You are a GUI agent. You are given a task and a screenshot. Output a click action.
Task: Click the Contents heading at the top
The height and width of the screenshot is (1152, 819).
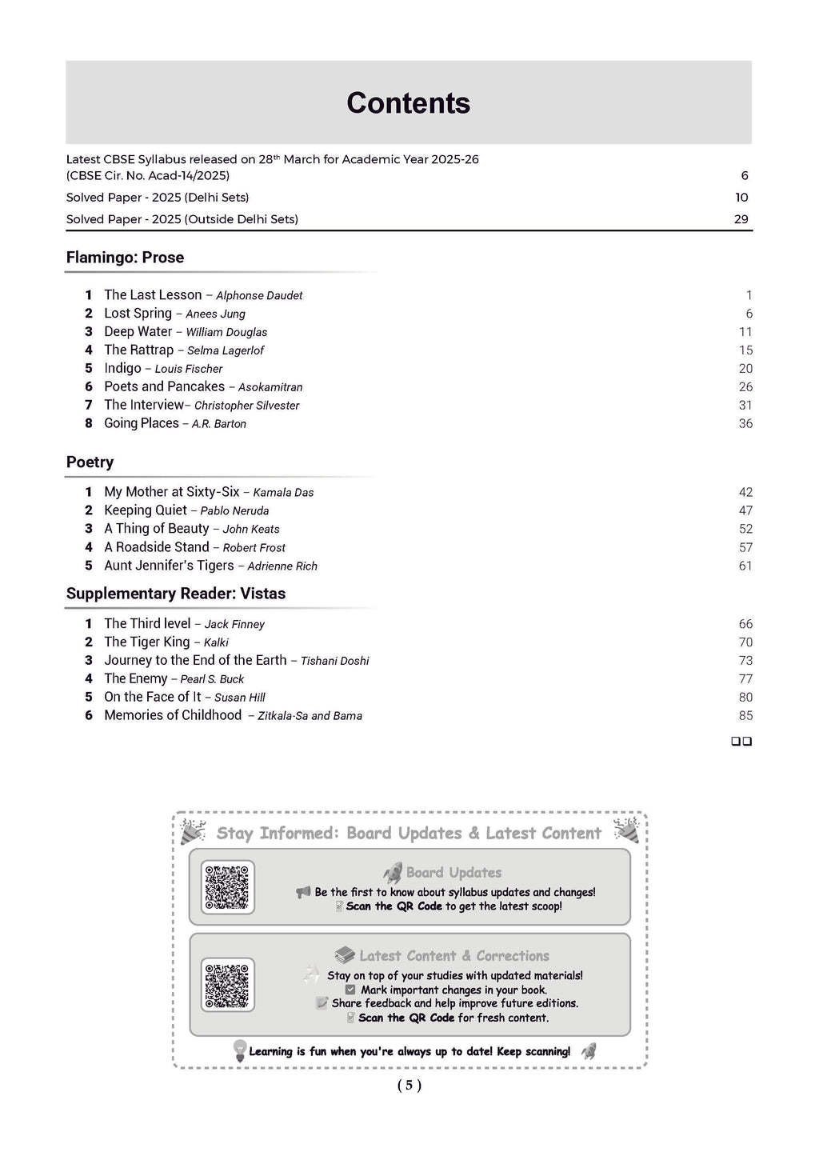(408, 103)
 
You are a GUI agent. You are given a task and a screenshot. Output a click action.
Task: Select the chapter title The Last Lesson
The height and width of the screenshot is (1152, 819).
(153, 295)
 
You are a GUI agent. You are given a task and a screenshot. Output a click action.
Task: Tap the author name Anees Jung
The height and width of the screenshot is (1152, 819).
(215, 314)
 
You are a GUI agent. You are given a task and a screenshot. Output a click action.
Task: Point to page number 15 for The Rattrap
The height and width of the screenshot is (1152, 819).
(745, 350)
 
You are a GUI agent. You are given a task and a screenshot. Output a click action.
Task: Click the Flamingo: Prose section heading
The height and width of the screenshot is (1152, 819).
(125, 258)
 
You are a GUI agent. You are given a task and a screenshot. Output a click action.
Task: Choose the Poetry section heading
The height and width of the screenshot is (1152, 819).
(90, 462)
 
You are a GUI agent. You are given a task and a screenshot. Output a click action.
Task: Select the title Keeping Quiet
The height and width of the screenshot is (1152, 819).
(146, 510)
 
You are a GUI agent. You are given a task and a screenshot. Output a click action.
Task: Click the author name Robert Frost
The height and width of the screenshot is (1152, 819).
(254, 548)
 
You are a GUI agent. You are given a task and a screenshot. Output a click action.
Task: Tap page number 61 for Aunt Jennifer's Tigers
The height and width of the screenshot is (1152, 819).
(745, 566)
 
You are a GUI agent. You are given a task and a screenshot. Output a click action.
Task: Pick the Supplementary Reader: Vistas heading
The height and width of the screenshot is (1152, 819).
(175, 594)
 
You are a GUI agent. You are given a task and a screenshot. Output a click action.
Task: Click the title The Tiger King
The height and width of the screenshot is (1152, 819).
(147, 642)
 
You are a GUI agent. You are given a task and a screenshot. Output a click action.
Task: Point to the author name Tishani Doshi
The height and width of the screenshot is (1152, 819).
(334, 661)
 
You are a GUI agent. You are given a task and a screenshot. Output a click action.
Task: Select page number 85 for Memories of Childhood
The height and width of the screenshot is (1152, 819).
(745, 716)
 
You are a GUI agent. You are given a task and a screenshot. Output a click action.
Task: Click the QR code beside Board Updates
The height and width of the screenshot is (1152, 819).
(227, 887)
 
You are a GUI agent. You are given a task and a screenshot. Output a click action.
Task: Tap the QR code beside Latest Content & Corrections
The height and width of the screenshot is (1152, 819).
(227, 985)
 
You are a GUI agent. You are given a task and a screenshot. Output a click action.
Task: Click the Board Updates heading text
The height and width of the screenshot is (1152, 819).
(453, 873)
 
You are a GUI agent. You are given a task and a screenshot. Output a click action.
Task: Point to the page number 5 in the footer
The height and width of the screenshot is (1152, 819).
(409, 1086)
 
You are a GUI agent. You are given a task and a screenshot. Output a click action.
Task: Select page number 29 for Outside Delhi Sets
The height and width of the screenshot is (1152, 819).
(741, 219)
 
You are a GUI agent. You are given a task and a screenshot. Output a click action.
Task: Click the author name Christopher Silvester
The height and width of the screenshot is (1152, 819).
(246, 406)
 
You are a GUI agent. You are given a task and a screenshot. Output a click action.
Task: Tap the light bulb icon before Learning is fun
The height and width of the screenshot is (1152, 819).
(239, 1050)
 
